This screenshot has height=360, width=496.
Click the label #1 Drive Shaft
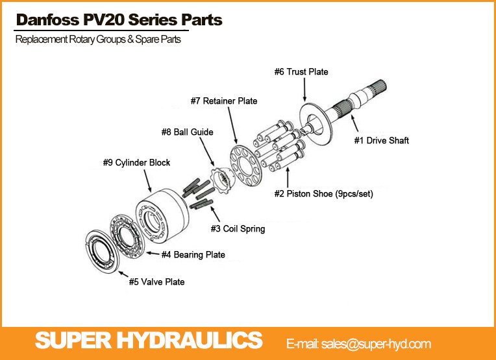pos(381,140)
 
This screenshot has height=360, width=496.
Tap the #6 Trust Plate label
pos(301,72)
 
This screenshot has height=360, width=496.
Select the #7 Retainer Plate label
pos(224,101)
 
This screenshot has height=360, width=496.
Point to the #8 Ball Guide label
pos(187,132)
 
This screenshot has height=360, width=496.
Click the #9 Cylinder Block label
pos(136,162)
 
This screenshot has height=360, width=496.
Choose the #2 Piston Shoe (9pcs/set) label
pos(323,193)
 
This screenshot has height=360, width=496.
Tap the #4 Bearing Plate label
pos(193,255)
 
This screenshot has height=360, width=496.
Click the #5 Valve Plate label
pos(156,282)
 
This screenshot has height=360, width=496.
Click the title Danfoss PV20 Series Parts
pos(119,20)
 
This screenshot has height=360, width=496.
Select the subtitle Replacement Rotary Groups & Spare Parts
pos(98,40)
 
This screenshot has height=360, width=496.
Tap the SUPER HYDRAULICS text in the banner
pos(149,340)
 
